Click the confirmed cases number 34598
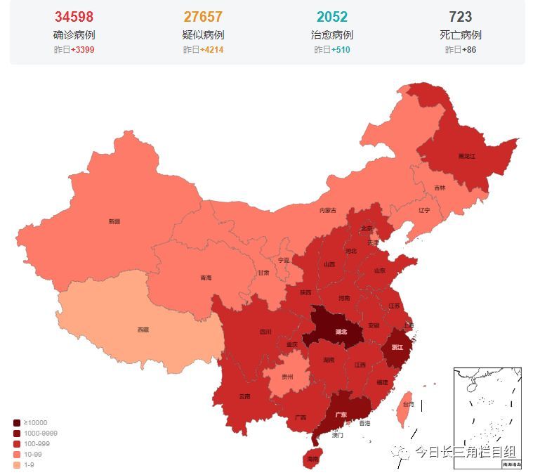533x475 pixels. click(x=74, y=17)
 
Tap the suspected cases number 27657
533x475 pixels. click(x=203, y=17)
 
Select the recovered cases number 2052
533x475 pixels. click(x=331, y=17)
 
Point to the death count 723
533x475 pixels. click(x=461, y=17)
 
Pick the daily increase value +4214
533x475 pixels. click(x=212, y=50)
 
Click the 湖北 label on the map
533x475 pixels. click(x=341, y=331)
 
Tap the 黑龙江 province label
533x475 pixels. click(x=467, y=156)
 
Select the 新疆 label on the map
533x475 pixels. click(x=114, y=221)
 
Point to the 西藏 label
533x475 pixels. click(x=143, y=329)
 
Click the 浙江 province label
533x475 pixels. click(x=397, y=347)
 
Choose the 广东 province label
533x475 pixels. click(x=341, y=415)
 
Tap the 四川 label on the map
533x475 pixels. click(x=265, y=332)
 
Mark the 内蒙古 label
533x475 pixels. click(x=328, y=210)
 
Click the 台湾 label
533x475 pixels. click(x=407, y=405)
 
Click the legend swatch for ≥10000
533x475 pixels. click(x=16, y=422)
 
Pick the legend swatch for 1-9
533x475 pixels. click(x=16, y=464)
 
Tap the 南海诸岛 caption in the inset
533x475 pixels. click(x=510, y=464)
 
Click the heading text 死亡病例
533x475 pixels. click(x=461, y=34)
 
